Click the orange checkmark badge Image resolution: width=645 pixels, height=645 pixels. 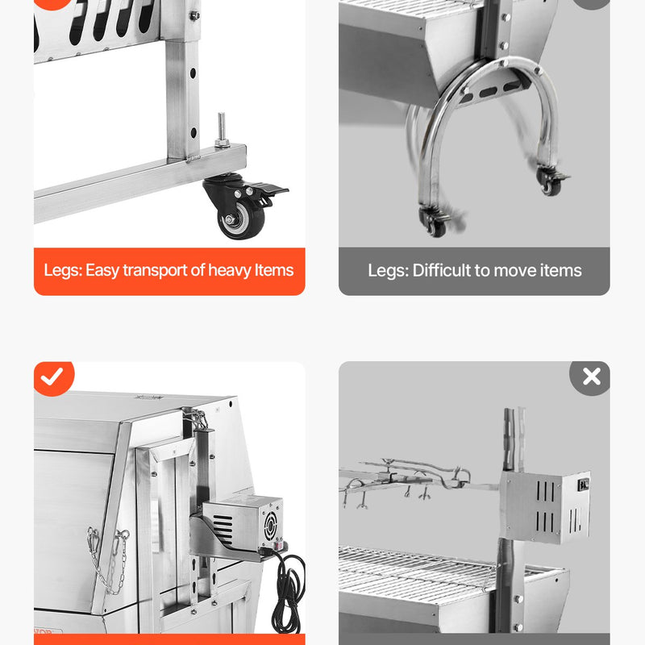[x=52, y=377]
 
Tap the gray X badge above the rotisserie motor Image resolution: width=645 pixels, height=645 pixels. [x=591, y=377]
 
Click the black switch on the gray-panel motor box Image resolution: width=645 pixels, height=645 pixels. [x=583, y=485]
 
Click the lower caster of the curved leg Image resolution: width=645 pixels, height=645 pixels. [x=433, y=222]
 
